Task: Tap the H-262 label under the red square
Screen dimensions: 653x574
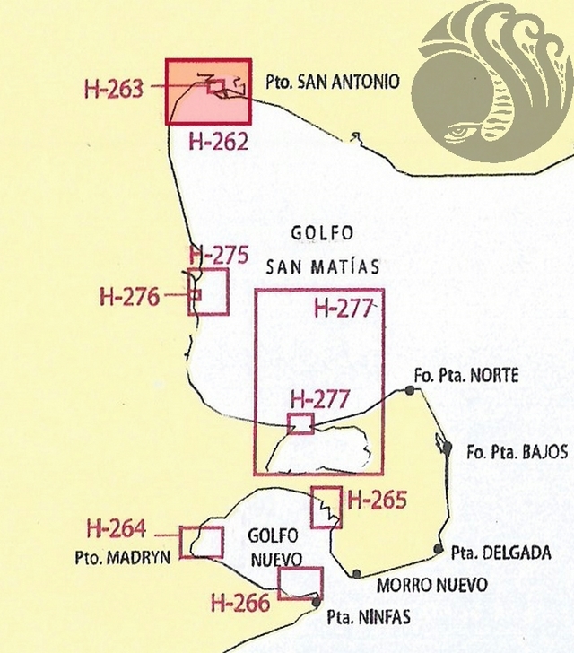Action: click(219, 140)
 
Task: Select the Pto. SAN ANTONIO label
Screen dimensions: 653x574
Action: click(332, 82)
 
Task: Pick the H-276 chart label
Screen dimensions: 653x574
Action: click(129, 295)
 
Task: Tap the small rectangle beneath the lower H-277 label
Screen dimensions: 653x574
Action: click(300, 423)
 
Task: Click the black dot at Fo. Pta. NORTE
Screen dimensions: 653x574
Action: click(410, 389)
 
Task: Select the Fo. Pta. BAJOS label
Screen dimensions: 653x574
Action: click(516, 453)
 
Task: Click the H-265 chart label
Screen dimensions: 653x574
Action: click(377, 501)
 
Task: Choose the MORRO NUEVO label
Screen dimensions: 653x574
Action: click(432, 585)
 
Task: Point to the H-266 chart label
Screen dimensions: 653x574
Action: click(240, 602)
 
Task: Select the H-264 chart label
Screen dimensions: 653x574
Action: click(116, 529)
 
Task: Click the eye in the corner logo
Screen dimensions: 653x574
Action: click(459, 133)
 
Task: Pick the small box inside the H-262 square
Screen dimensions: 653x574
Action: click(216, 86)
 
